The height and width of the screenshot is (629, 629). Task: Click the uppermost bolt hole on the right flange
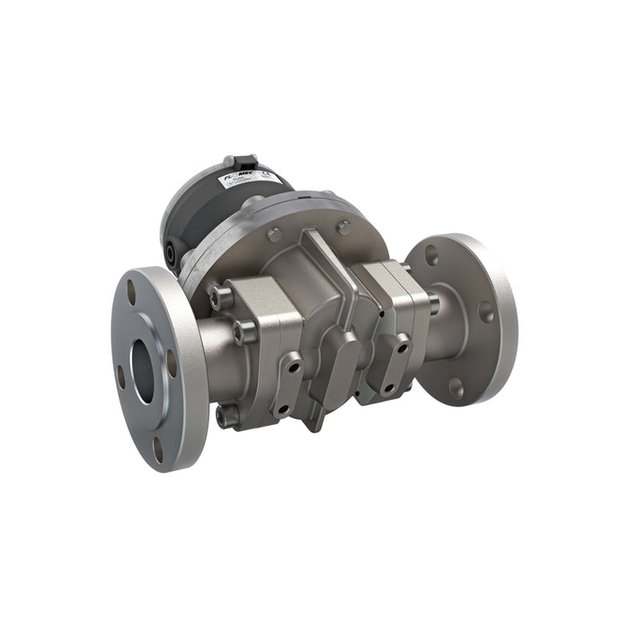[430, 254]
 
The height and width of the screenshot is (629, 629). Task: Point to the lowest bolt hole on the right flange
[456, 387]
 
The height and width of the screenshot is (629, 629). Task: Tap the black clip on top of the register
[241, 163]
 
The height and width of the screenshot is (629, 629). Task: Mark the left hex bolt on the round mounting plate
[274, 235]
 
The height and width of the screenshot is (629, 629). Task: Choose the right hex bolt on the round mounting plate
[343, 227]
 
